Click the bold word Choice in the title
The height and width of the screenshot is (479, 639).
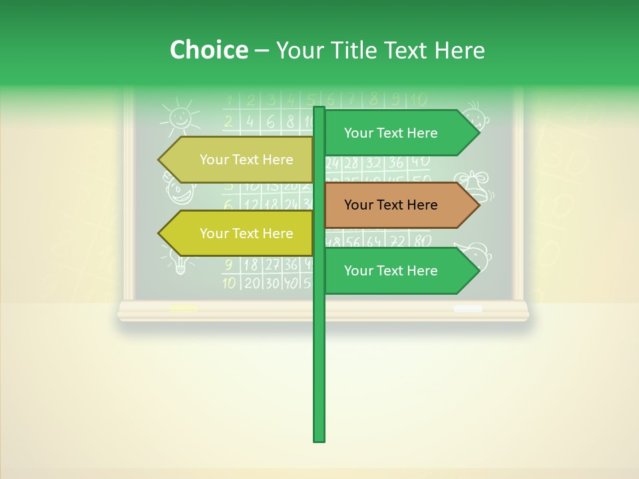click(208, 50)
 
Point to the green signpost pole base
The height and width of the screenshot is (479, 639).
click(319, 436)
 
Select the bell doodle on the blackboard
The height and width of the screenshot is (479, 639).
click(477, 184)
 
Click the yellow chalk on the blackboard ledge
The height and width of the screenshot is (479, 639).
click(184, 309)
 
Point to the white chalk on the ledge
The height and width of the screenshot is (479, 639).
click(468, 309)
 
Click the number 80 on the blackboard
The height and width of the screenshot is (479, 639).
click(422, 241)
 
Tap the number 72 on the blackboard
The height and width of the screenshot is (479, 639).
click(397, 241)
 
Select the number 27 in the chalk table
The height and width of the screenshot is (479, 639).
click(272, 264)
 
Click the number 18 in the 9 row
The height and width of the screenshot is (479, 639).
click(250, 264)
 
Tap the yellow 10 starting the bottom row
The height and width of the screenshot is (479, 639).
click(229, 283)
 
